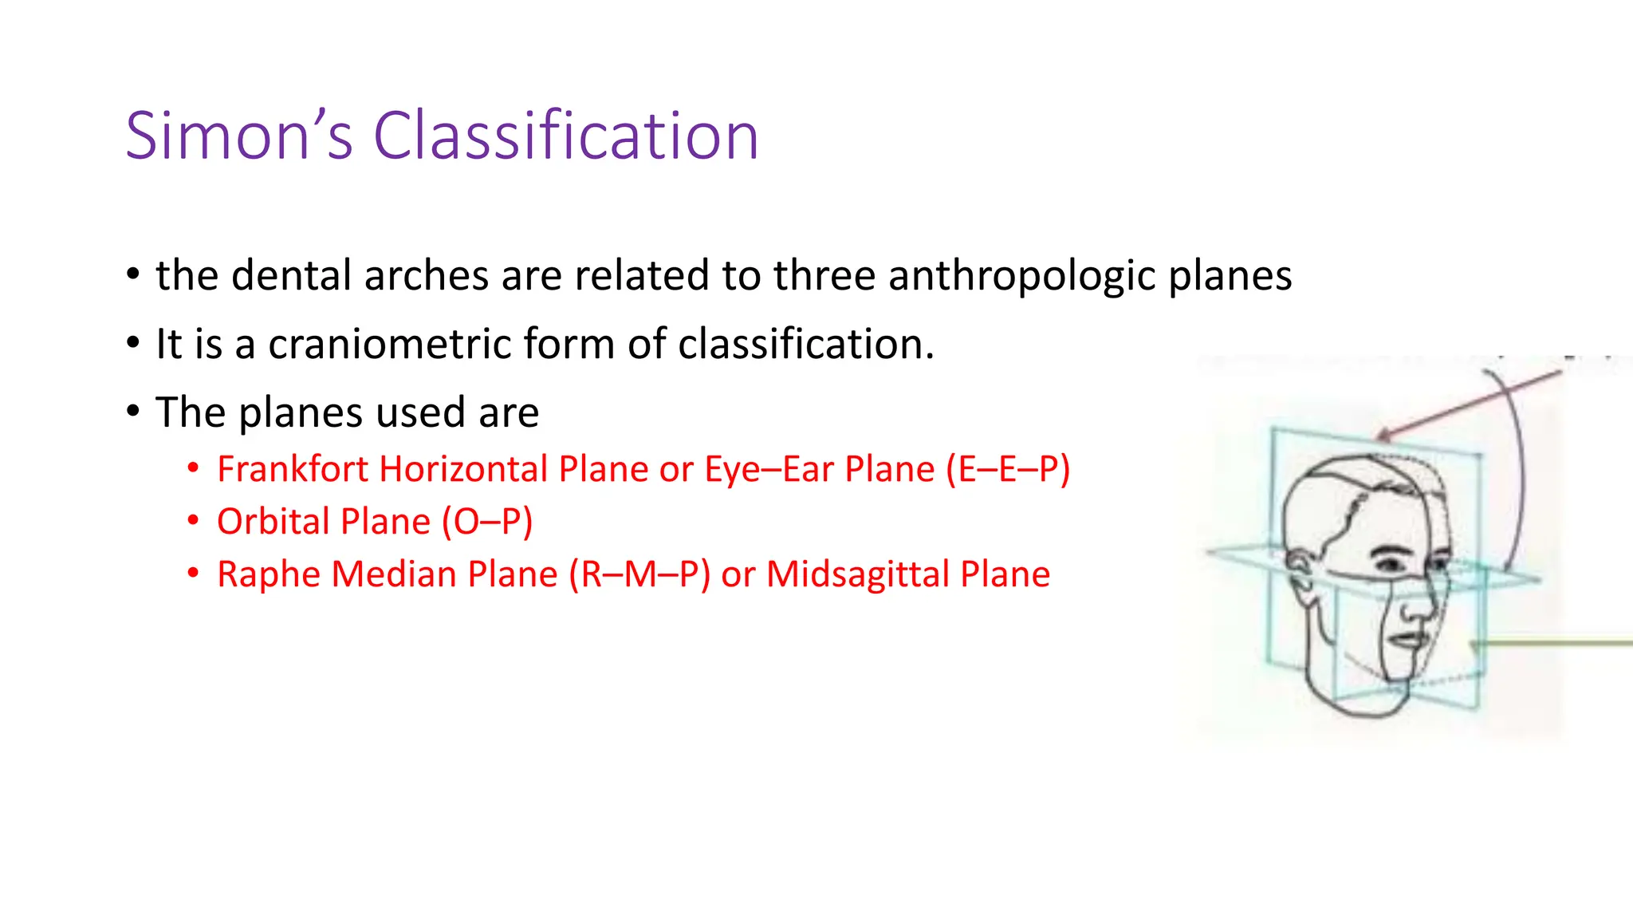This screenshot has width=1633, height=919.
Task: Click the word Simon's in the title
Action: [238, 136]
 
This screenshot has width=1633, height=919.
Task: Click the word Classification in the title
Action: [565, 136]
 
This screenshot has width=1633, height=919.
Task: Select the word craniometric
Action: [389, 345]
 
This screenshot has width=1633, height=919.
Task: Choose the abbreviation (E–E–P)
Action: [1007, 469]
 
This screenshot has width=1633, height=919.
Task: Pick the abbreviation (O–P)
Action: [486, 522]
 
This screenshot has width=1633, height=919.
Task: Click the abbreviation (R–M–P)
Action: [639, 574]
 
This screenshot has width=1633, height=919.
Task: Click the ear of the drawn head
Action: [1299, 571]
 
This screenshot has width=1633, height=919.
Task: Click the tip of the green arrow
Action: [1474, 644]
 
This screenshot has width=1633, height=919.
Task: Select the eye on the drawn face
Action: [1392, 562]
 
